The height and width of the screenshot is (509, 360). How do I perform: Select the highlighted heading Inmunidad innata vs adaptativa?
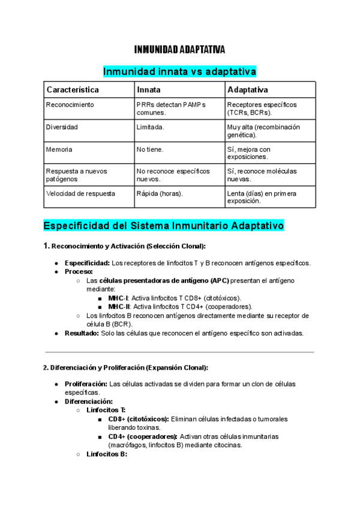pyautogui.click(x=180, y=71)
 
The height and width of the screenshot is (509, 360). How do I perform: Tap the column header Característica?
pyautogui.click(x=73, y=89)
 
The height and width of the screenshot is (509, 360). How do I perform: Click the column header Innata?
pyautogui.click(x=149, y=89)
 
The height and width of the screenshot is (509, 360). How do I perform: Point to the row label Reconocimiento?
pyautogui.click(x=70, y=104)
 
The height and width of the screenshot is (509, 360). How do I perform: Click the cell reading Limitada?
pyautogui.click(x=150, y=127)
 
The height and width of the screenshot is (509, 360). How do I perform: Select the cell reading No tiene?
pyautogui.click(x=150, y=149)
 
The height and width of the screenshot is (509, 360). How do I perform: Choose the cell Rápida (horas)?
pyautogui.click(x=160, y=193)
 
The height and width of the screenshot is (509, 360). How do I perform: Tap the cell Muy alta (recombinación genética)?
pyautogui.click(x=263, y=131)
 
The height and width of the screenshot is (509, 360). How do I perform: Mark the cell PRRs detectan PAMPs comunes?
pyautogui.click(x=170, y=109)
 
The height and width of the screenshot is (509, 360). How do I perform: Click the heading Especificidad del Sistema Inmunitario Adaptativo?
pyautogui.click(x=163, y=226)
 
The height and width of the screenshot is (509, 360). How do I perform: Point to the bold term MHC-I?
pyautogui.click(x=118, y=298)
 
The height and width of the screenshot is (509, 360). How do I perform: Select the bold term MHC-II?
pyautogui.click(x=119, y=306)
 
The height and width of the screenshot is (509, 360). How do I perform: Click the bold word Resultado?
pyautogui.click(x=82, y=333)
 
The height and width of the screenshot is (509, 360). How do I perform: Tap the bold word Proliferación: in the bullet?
pyautogui.click(x=86, y=384)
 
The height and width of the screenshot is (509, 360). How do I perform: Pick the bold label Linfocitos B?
pyautogui.click(x=106, y=454)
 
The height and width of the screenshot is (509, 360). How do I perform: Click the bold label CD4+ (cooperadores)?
pyautogui.click(x=143, y=436)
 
